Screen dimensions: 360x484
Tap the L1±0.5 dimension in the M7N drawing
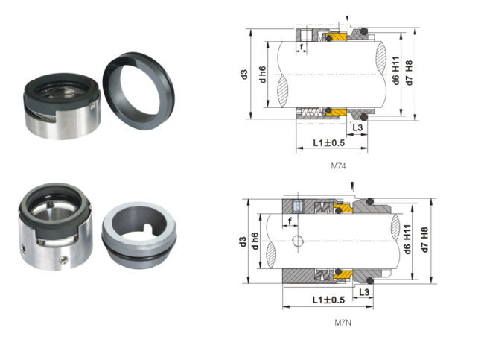[328, 300]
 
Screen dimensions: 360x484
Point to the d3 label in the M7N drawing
[243, 241]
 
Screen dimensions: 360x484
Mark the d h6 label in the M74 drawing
[261, 75]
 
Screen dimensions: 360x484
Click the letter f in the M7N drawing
[287, 221]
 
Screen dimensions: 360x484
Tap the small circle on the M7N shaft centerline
[297, 241]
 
